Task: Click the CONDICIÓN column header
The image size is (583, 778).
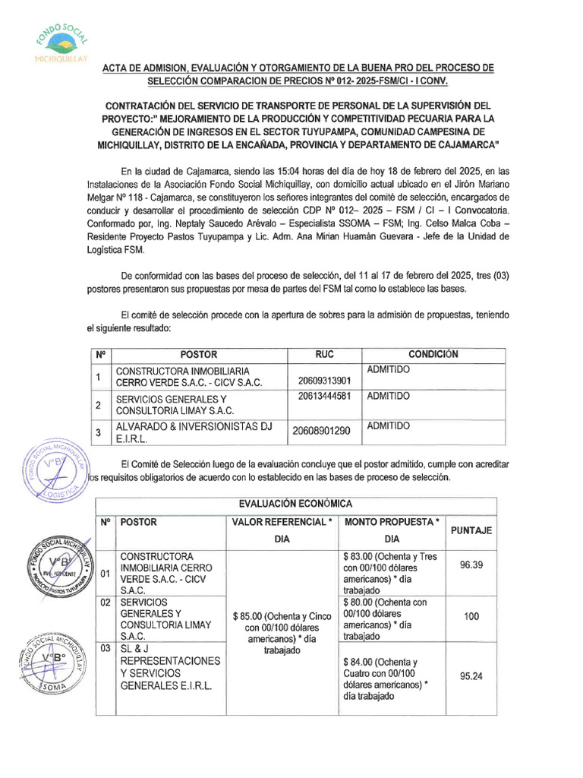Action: tap(433, 355)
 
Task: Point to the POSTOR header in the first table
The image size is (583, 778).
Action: tap(198, 355)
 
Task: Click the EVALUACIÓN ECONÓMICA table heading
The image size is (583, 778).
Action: tap(295, 504)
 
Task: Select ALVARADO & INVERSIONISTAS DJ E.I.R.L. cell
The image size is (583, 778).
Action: tap(193, 431)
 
